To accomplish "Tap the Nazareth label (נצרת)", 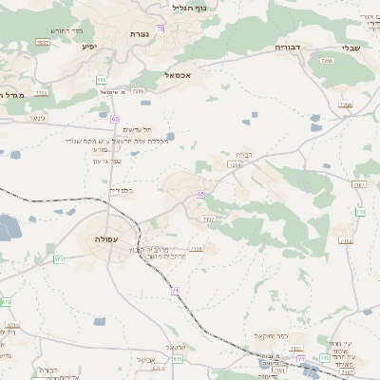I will point(140,34).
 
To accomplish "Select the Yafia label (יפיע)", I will point(88,45).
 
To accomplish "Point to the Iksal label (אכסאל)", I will point(178,74).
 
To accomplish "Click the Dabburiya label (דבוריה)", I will point(287,46).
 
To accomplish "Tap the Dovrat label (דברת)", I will point(242,154).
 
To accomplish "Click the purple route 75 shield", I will point(161,29).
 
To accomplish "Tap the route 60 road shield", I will point(114,119).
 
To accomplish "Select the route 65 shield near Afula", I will point(200,194).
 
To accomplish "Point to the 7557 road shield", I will point(42,43).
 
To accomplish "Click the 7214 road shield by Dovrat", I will point(235,164).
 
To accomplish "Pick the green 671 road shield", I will point(57,258).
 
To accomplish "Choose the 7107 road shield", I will point(210,219).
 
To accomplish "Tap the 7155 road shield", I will point(197,249).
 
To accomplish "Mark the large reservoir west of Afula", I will point(9,227).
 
